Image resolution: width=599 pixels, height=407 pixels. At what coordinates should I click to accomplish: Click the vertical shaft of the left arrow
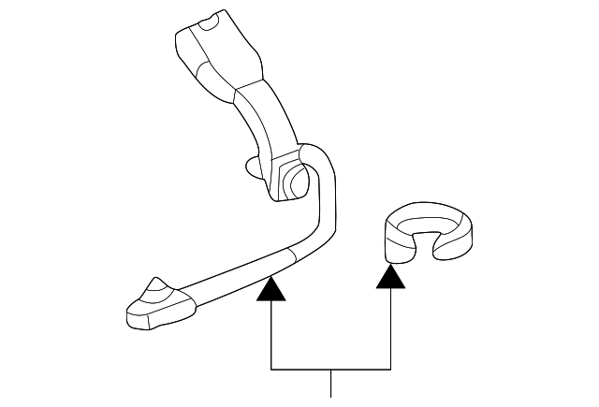click(270, 332)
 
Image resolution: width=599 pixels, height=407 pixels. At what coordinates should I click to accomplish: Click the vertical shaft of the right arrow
click(391, 327)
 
